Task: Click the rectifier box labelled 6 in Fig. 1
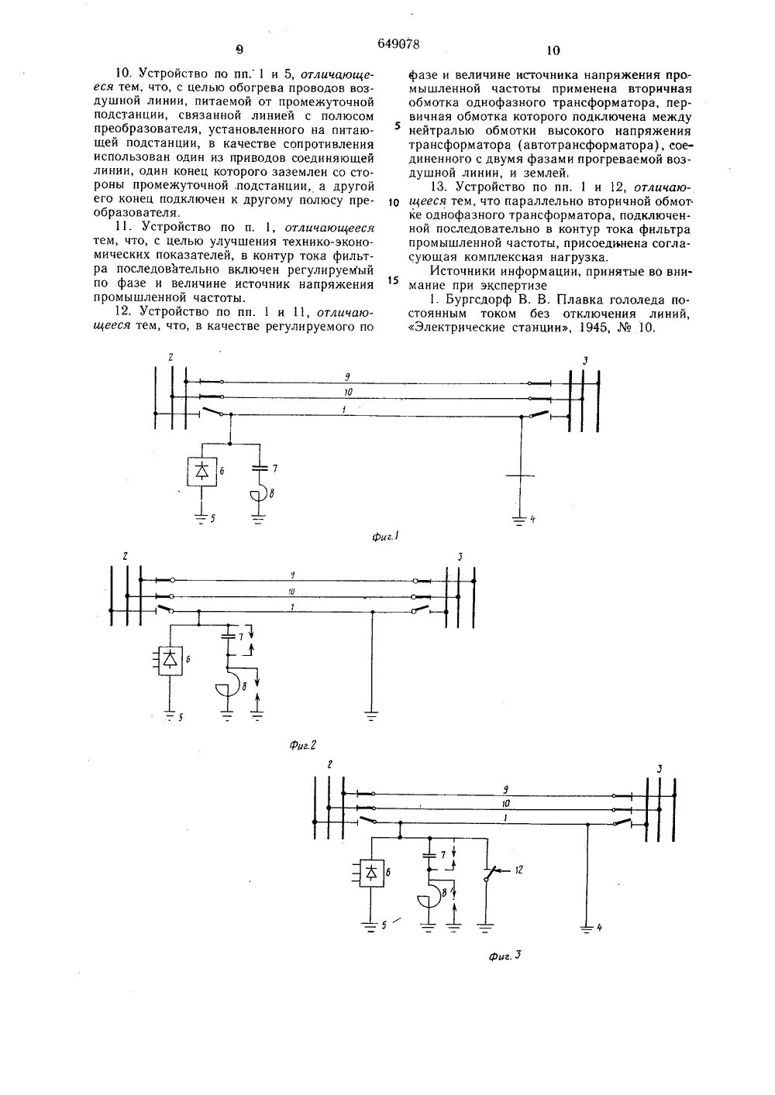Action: [x=202, y=471]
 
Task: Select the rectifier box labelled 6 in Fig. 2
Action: [x=170, y=659]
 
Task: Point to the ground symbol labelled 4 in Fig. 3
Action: [x=588, y=924]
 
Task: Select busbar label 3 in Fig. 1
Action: [x=586, y=362]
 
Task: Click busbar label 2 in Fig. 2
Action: [x=124, y=556]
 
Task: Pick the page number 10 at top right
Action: [x=552, y=51]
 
